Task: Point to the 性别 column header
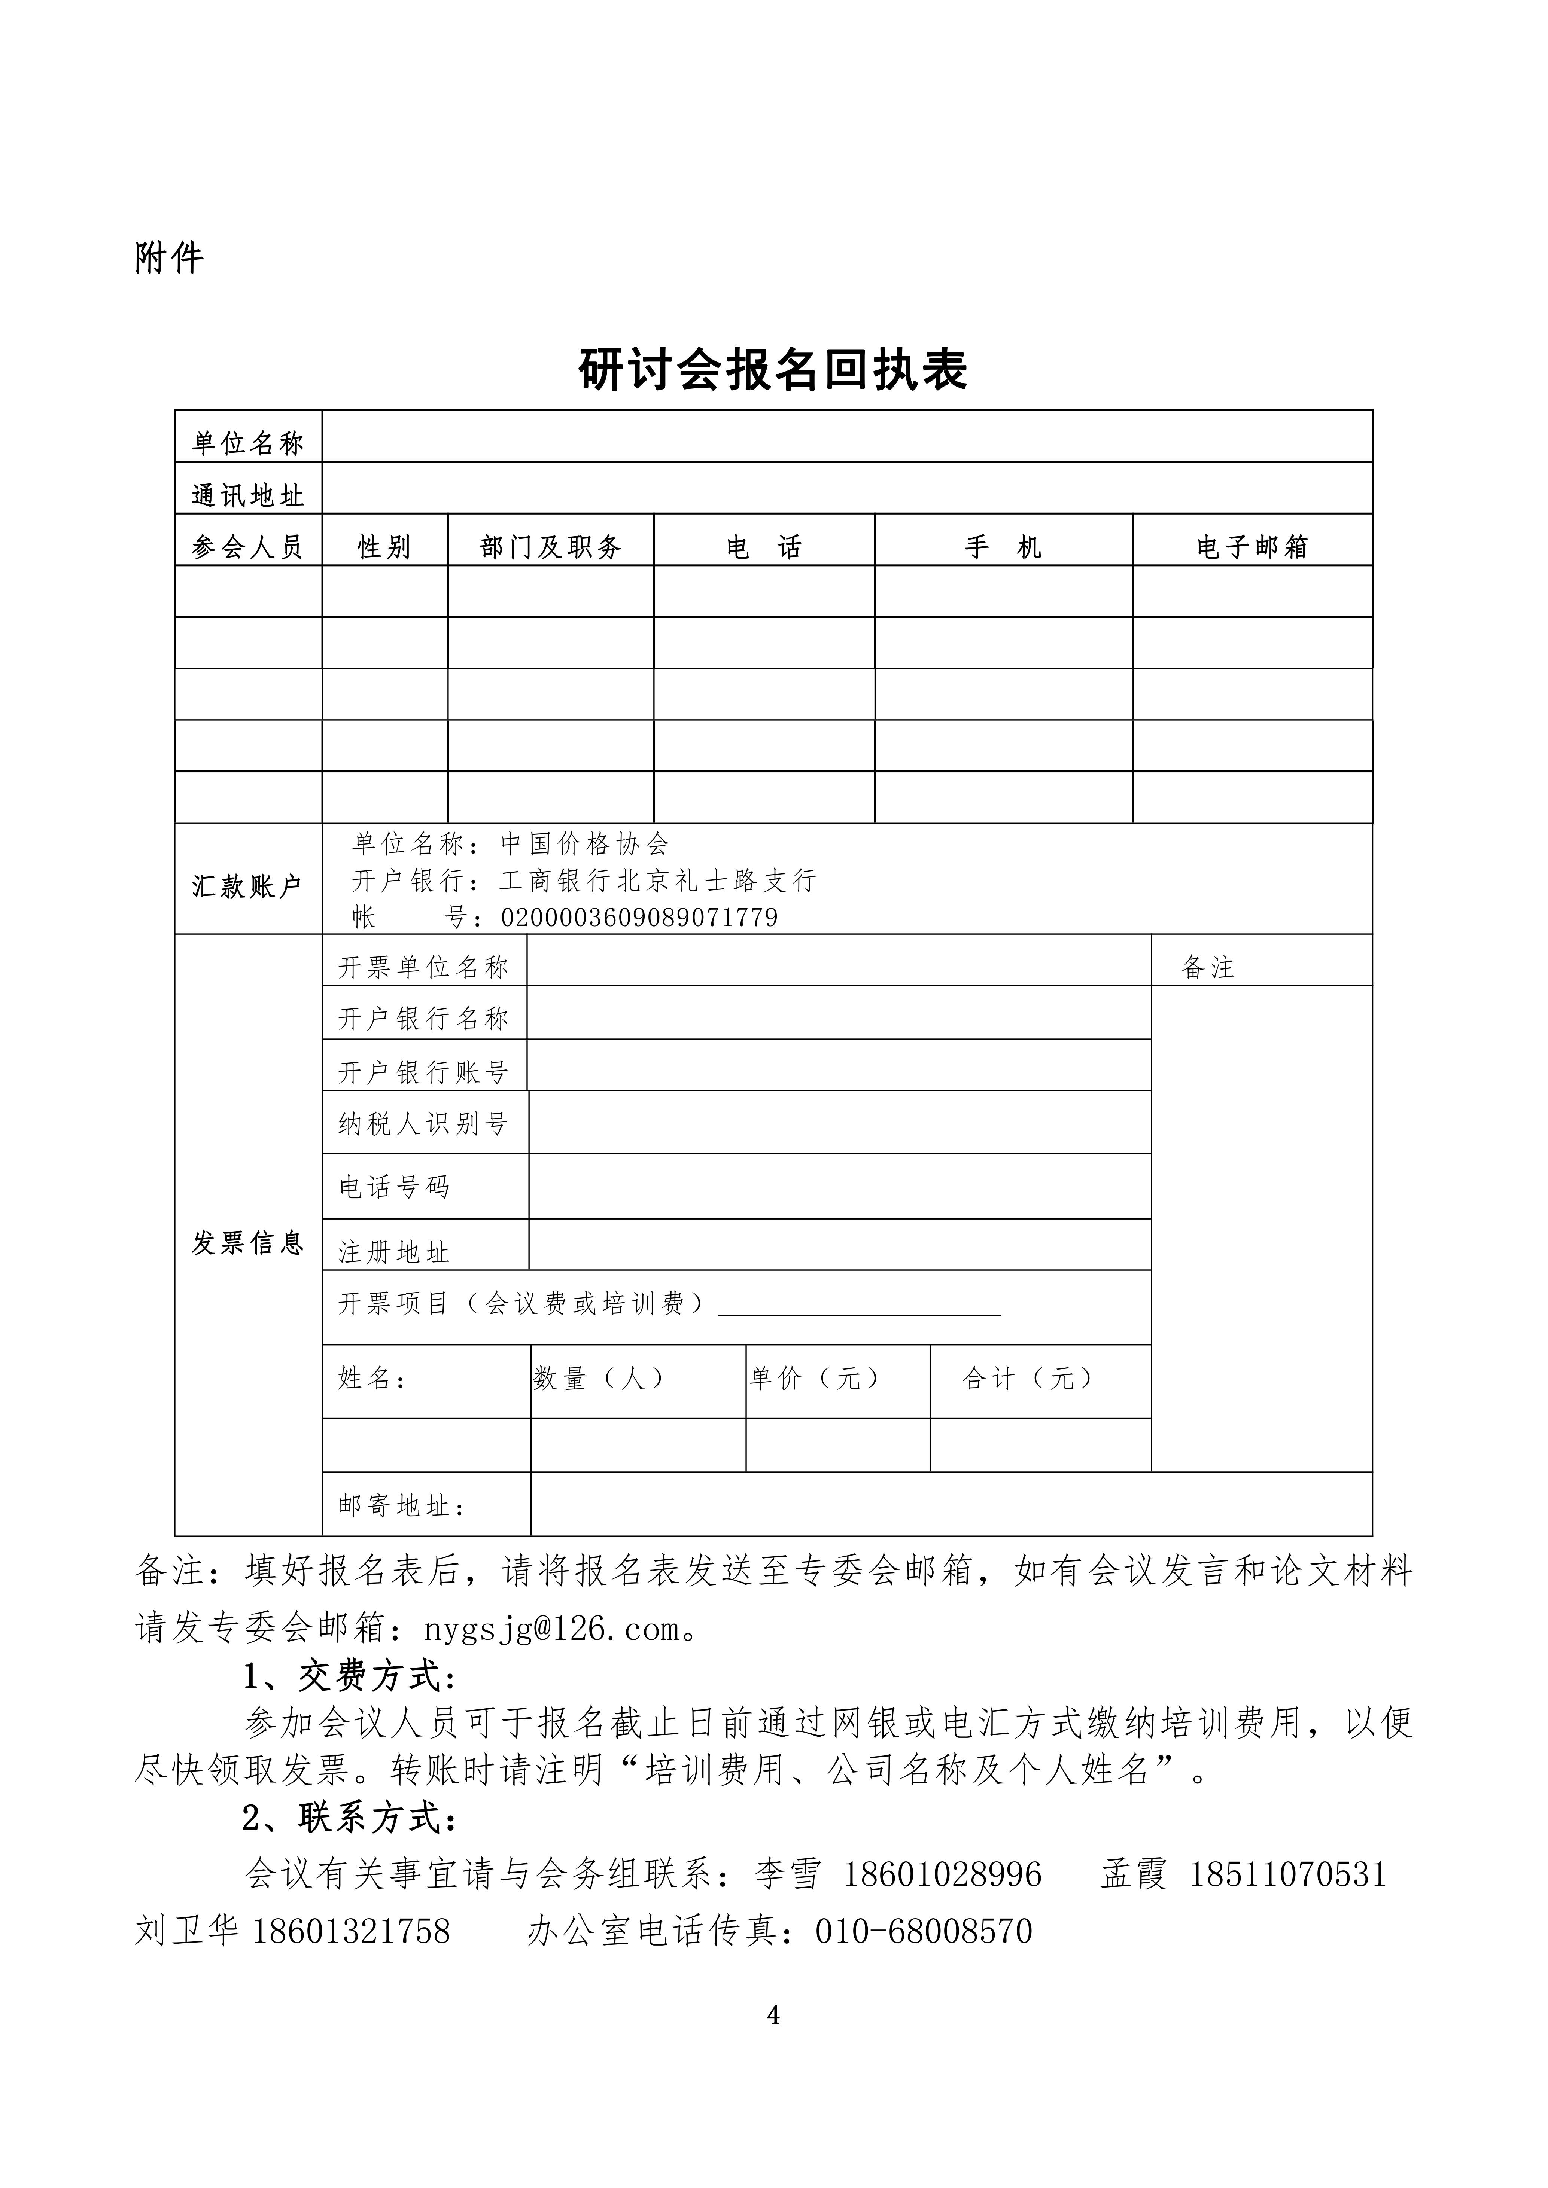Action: pyautogui.click(x=384, y=547)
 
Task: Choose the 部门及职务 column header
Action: pyautogui.click(x=551, y=547)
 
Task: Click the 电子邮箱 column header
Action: pyautogui.click(x=1252, y=547)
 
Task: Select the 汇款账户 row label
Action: pyautogui.click(x=248, y=886)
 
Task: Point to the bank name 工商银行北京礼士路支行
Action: pyautogui.click(x=658, y=881)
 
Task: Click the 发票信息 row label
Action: pyautogui.click(x=248, y=1243)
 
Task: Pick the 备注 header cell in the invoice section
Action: pyautogui.click(x=1208, y=968)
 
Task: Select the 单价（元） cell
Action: pyautogui.click(x=815, y=1378)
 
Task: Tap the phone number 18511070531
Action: pyautogui.click(x=1288, y=1874)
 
